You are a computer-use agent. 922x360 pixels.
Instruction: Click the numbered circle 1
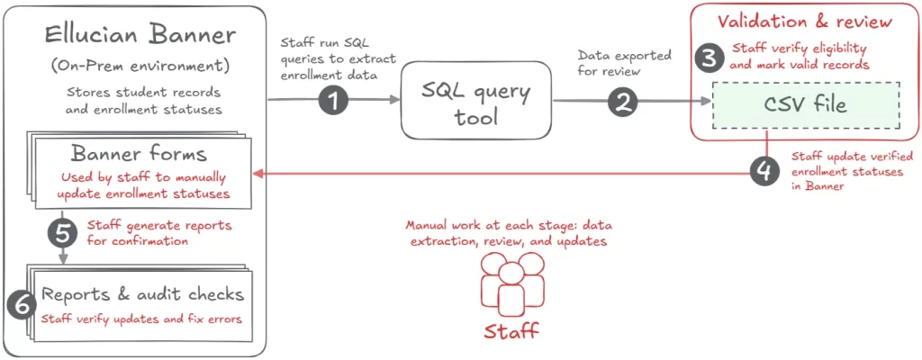coord(334,101)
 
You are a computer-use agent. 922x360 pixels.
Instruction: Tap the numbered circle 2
coord(621,101)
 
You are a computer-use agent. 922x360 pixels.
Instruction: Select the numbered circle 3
coord(711,58)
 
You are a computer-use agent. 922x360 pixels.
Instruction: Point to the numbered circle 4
coord(764,170)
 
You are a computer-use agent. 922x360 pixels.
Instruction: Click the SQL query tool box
coord(475,103)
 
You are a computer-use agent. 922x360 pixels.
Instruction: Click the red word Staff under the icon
coord(511,330)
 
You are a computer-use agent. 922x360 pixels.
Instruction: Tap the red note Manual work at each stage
coord(511,232)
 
